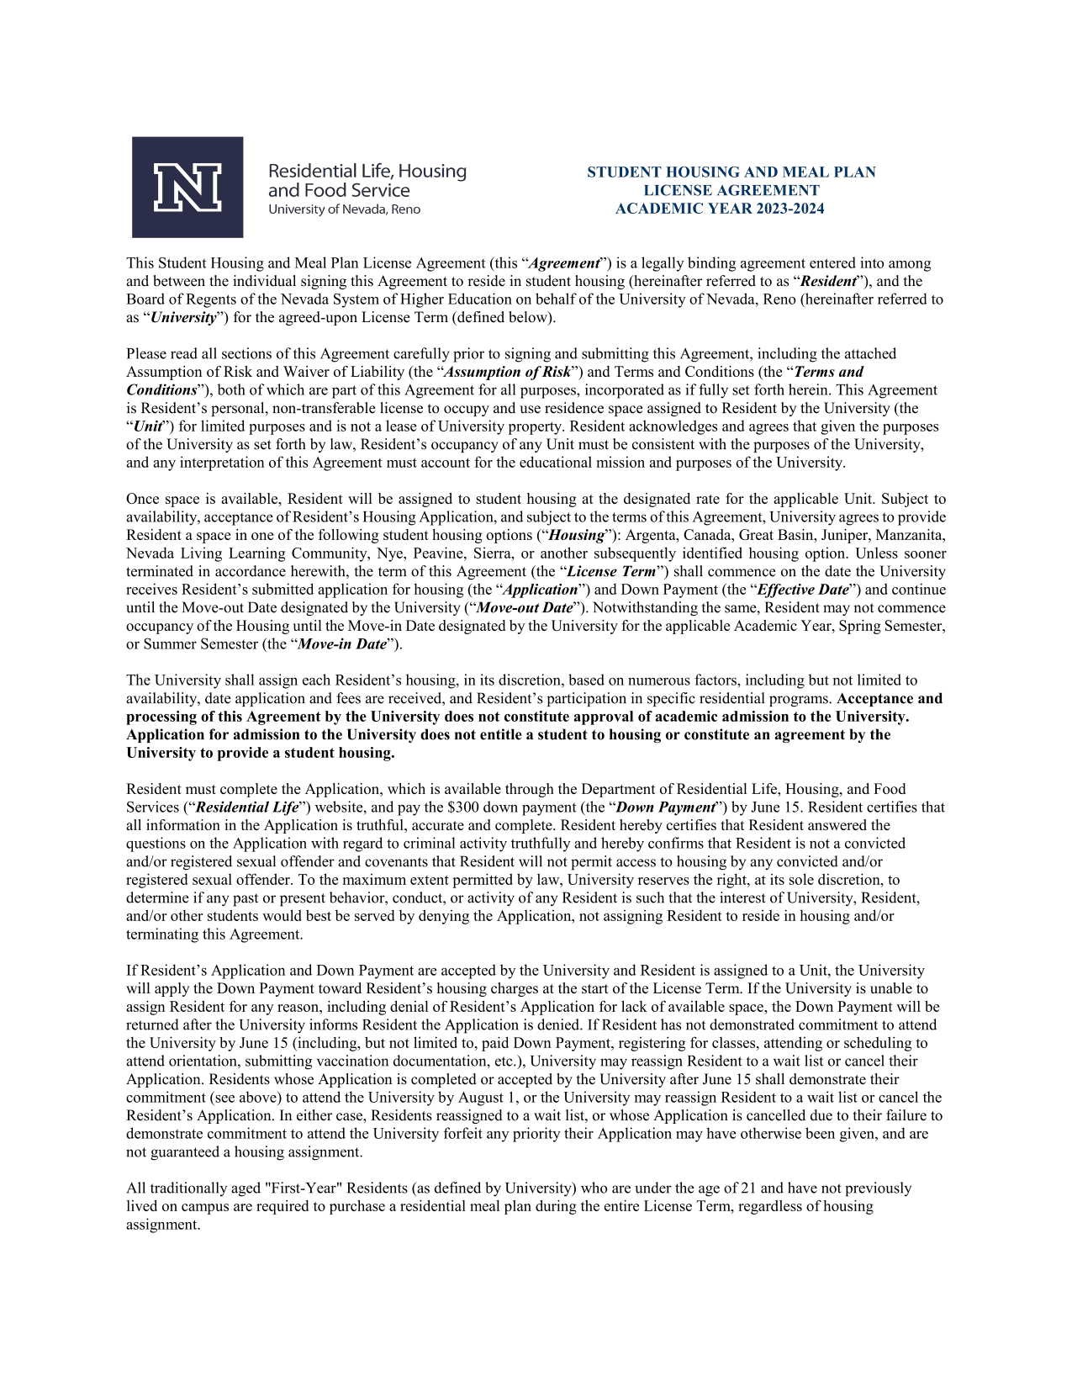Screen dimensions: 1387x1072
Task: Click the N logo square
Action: pyautogui.click(x=187, y=187)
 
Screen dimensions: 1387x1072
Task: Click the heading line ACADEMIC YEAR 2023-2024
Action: pyautogui.click(x=720, y=209)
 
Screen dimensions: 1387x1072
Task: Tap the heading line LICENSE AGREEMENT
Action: pyautogui.click(x=731, y=190)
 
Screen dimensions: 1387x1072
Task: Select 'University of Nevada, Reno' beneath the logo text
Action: pyautogui.click(x=344, y=209)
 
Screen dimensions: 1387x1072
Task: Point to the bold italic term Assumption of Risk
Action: pyautogui.click(x=508, y=372)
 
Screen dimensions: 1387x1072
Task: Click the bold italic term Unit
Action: pyautogui.click(x=148, y=426)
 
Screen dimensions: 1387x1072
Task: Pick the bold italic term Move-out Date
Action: pyautogui.click(x=525, y=607)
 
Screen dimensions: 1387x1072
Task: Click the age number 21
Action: pyautogui.click(x=749, y=1188)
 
